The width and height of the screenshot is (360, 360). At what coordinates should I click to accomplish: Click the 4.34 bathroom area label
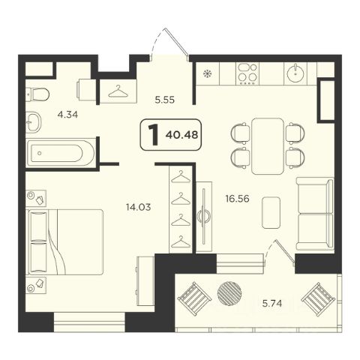click(x=67, y=115)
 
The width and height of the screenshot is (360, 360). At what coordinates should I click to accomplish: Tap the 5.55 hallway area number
click(x=165, y=100)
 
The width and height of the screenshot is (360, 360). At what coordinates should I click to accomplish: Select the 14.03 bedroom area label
click(x=139, y=207)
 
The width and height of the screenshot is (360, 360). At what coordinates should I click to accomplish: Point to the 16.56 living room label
click(x=237, y=199)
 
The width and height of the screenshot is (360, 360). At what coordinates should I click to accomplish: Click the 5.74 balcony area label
click(x=272, y=304)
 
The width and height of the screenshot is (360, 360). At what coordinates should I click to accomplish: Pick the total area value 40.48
click(x=181, y=135)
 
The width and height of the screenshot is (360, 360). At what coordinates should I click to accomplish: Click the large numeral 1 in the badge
click(x=154, y=135)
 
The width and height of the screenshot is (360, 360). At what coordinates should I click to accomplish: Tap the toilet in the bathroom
click(x=37, y=94)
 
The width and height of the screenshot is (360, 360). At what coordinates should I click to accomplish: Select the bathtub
click(x=60, y=153)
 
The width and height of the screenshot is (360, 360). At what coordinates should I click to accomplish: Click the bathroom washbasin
click(x=34, y=122)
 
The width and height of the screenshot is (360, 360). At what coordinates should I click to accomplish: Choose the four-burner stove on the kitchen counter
click(x=247, y=73)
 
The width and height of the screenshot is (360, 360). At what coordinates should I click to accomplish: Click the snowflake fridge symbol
click(x=207, y=73)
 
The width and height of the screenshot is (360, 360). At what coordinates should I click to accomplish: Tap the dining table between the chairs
click(x=268, y=146)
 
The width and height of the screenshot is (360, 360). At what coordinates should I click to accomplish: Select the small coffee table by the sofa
click(x=271, y=212)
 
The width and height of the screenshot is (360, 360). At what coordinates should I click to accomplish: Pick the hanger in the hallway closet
click(x=118, y=91)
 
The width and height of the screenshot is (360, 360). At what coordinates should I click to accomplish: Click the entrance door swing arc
click(x=156, y=40)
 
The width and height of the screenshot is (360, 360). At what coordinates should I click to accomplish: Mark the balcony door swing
click(x=269, y=250)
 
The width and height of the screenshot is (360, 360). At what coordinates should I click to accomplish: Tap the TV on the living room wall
click(x=204, y=216)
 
